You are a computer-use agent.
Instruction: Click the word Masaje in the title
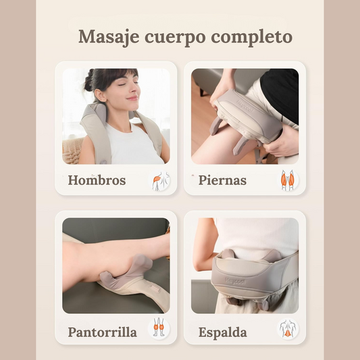point(109,37)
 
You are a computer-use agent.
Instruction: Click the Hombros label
point(97,180)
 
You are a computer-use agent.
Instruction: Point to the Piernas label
point(222,180)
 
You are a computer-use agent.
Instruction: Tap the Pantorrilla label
point(102,332)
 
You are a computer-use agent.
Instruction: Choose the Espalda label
point(223,332)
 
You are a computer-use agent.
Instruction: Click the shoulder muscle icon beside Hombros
point(161,181)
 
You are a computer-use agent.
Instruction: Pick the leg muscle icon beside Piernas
point(288,180)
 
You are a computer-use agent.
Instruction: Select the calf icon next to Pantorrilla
point(159,328)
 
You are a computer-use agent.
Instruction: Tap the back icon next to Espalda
point(288,328)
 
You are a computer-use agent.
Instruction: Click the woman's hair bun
point(88,80)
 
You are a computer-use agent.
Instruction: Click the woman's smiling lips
point(132,98)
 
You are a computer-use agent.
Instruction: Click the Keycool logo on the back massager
point(235,281)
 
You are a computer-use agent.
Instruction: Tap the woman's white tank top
point(133,145)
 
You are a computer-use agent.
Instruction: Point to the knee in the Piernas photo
point(202,147)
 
